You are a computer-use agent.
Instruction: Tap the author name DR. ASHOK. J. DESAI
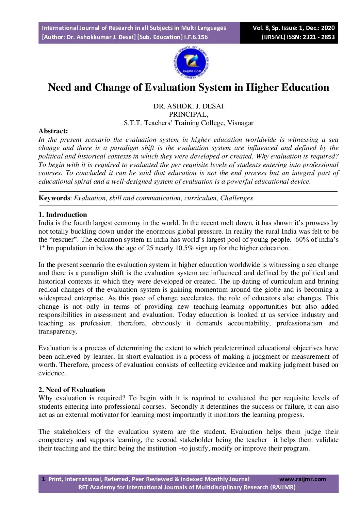(x=188, y=106)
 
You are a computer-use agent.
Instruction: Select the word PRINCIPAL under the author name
(x=188, y=115)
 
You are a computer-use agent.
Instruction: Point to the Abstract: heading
(x=53, y=131)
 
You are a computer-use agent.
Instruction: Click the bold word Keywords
(x=54, y=198)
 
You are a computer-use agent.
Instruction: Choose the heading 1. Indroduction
(x=63, y=215)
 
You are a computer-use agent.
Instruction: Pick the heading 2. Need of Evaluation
(x=72, y=390)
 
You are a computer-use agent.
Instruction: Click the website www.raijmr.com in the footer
(x=302, y=479)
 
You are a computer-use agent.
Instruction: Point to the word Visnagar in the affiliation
(x=240, y=123)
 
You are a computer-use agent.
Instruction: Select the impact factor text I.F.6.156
(x=196, y=37)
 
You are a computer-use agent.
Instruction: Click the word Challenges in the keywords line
(x=236, y=198)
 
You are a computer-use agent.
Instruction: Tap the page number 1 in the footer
(x=44, y=479)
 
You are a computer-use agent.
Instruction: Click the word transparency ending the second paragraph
(x=57, y=332)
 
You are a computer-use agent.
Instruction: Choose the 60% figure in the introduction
(x=301, y=240)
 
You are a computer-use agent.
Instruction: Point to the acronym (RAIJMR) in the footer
(x=283, y=487)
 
